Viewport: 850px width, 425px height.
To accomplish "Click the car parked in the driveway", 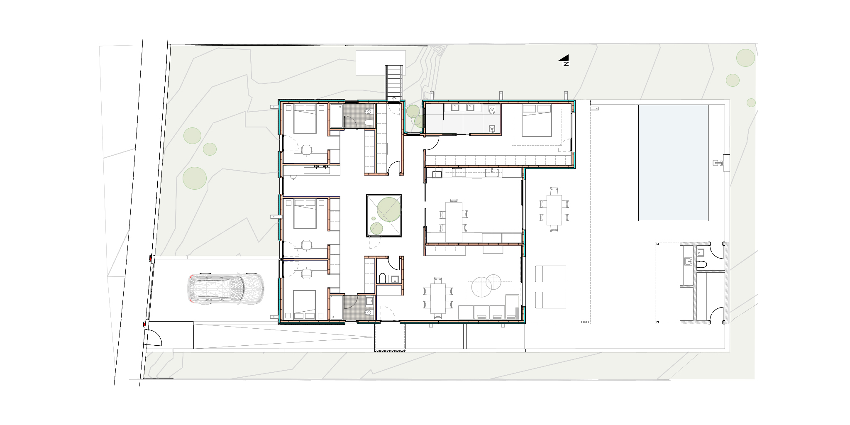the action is pyautogui.click(x=225, y=289).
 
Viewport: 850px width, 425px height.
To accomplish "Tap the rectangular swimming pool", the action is pyautogui.click(x=673, y=163).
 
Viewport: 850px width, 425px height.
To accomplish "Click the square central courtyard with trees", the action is pyautogui.click(x=384, y=216).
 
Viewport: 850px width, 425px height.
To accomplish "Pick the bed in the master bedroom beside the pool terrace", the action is pyautogui.click(x=537, y=120).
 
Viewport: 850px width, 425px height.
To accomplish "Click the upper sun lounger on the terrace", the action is pyautogui.click(x=551, y=274).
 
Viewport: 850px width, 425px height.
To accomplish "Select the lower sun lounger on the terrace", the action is pyautogui.click(x=551, y=300).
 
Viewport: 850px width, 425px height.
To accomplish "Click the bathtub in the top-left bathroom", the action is pyautogui.click(x=337, y=116).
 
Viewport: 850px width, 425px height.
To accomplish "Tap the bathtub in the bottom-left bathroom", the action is pyautogui.click(x=337, y=307).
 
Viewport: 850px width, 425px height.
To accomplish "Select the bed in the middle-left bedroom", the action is pyautogui.click(x=305, y=213).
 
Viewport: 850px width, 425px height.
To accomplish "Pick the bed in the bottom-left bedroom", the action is pyautogui.click(x=305, y=304).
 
